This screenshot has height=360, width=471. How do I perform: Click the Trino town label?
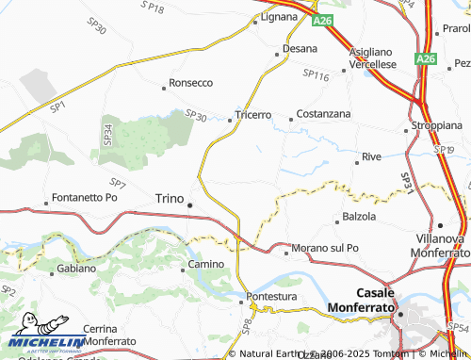click(x=169, y=198)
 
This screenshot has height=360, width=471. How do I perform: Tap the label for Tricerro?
click(x=252, y=117)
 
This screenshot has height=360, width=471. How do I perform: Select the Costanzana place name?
click(x=323, y=113)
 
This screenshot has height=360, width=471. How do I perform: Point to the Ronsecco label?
click(x=192, y=82)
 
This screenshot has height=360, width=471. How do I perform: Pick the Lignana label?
click(x=278, y=17)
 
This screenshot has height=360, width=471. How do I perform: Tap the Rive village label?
click(x=371, y=156)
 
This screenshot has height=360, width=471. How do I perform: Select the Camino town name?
click(x=205, y=265)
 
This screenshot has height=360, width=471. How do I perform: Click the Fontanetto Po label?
click(x=85, y=198)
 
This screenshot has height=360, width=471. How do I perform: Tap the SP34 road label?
click(x=107, y=134)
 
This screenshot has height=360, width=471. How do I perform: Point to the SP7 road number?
click(x=117, y=183)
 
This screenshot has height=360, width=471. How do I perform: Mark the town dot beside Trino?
click(x=190, y=205)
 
